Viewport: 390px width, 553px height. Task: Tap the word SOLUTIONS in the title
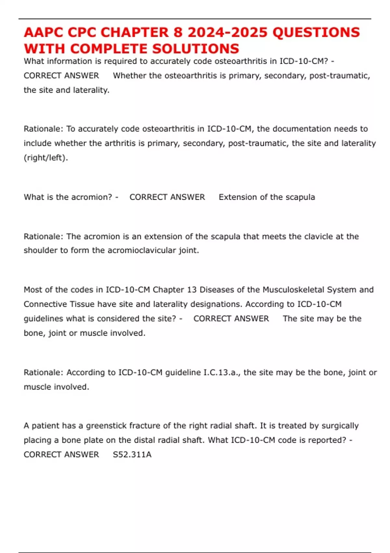coord(196,49)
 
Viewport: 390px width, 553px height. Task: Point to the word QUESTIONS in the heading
coord(316,33)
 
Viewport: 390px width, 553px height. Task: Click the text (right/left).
coord(46,158)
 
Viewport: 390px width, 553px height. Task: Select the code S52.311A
coord(132,455)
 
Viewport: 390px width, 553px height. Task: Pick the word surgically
coord(340,426)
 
